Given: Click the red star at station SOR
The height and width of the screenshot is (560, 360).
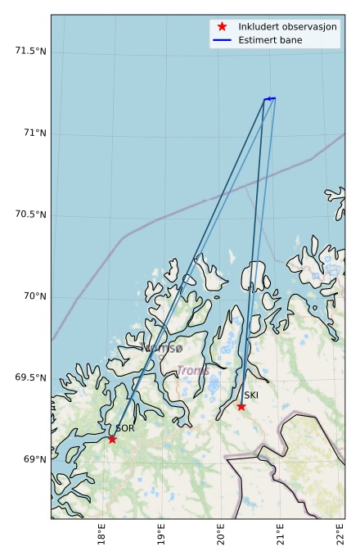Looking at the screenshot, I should pos(112,439).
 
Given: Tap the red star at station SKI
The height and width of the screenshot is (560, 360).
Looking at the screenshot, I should pos(241,406).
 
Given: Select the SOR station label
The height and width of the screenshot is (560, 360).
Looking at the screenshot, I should pos(124,428).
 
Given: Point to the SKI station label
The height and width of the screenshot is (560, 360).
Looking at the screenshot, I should pos(251,395).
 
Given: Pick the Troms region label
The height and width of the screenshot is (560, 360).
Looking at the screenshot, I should pos(193,371).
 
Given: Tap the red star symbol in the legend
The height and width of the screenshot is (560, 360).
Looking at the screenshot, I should pos(222,26).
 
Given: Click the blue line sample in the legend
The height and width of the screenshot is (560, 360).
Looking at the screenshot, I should pos(222,39).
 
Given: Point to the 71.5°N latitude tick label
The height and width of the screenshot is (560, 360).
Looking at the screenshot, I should pos(30,52).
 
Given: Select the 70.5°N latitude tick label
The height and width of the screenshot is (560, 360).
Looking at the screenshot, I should pos(30,215).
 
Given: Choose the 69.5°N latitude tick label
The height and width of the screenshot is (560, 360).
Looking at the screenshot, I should pos(30,377).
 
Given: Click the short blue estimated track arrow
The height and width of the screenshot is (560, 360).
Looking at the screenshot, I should pos(270,98).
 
